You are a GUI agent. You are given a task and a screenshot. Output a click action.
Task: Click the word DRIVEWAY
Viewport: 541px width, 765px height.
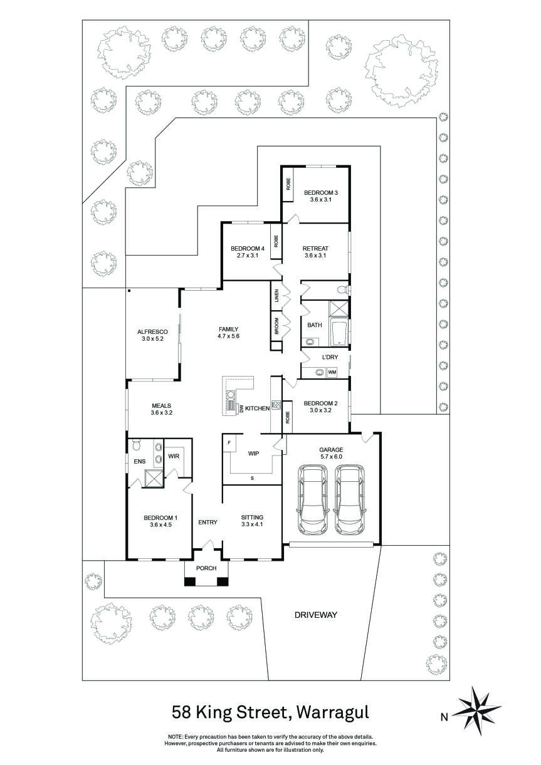click(316, 615)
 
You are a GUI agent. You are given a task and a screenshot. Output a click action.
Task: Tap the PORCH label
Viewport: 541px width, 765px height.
click(206, 568)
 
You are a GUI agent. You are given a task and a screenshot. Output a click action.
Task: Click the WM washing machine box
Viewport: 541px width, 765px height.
click(332, 372)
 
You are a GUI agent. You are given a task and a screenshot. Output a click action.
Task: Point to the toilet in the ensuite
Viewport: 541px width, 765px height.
click(136, 446)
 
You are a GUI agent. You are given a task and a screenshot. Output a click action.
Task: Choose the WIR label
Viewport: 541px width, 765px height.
click(174, 456)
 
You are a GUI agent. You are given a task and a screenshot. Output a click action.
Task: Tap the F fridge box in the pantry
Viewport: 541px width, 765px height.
click(230, 443)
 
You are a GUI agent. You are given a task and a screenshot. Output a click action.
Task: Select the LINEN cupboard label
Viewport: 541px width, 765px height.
click(276, 296)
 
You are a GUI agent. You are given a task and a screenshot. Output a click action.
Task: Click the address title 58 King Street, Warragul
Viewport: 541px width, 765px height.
click(271, 712)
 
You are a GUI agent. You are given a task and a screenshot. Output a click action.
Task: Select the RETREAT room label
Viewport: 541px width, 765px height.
click(315, 248)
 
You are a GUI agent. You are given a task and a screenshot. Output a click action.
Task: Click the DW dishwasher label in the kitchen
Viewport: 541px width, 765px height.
click(241, 409)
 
